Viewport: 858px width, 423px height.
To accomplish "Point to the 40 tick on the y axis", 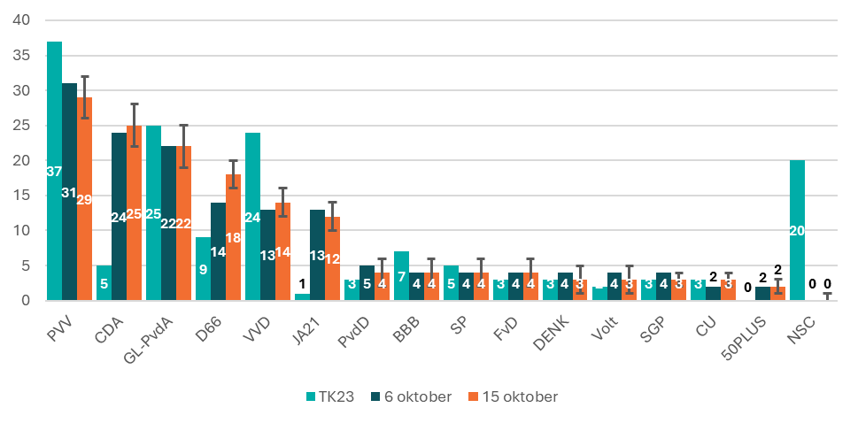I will (21, 20).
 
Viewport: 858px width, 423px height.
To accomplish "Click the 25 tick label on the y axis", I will (21, 126).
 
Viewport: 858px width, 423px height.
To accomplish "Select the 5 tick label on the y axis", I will (26, 265).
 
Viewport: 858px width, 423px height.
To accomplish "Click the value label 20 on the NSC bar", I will (797, 231).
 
